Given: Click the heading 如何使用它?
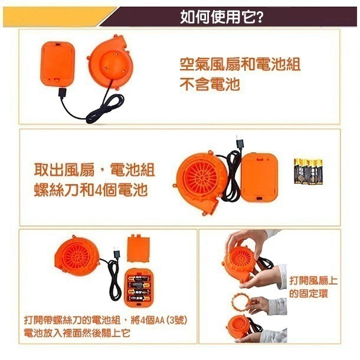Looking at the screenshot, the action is (x=221, y=17).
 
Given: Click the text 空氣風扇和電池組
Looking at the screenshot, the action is (x=240, y=64).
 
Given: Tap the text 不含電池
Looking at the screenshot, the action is (x=210, y=84).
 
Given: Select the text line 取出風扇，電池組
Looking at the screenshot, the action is (x=94, y=170).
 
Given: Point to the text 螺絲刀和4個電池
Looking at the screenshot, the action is (x=91, y=190).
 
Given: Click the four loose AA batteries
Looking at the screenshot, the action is (x=308, y=171).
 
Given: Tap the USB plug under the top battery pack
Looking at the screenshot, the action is (x=62, y=92).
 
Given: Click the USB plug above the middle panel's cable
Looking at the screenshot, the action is (x=240, y=142).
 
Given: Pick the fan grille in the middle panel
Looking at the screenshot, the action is (x=201, y=177).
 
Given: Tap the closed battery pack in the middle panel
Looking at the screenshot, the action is (x=259, y=177).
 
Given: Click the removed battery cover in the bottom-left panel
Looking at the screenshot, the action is (x=139, y=248).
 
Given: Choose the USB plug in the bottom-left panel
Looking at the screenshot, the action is (x=116, y=253).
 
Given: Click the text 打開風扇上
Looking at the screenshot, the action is (x=313, y=280).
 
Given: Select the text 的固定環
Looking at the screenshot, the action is (x=308, y=293).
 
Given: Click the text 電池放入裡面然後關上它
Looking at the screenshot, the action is (x=77, y=333).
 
